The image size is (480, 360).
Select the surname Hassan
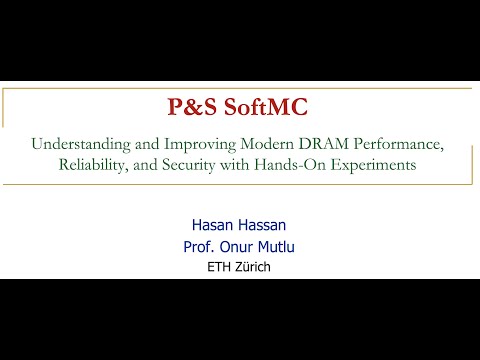tap(261, 227)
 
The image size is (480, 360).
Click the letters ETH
tap(217, 266)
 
